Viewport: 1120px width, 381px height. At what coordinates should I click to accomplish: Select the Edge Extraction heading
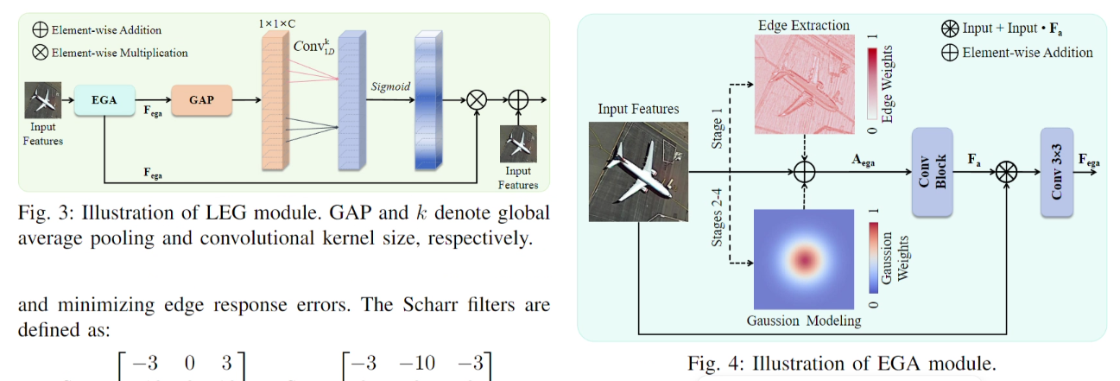tap(804, 25)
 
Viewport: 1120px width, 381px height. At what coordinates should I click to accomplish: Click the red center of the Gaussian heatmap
tap(804, 257)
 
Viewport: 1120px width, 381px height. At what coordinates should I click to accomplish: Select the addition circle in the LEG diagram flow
tap(518, 100)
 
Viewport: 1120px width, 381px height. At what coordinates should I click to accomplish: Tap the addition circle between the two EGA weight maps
tap(804, 172)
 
